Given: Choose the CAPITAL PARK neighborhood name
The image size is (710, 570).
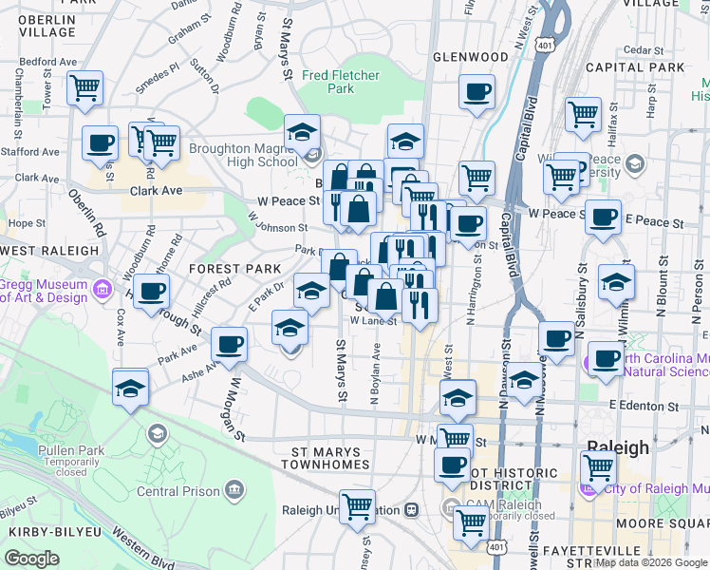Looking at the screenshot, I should click(x=635, y=67).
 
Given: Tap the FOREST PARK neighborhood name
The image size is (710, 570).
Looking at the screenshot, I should click(x=234, y=269).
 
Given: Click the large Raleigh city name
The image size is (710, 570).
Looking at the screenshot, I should click(x=617, y=447).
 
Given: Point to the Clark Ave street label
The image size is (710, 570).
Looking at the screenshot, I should click(x=156, y=190).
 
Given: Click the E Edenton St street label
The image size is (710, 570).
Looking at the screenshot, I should click(x=645, y=406).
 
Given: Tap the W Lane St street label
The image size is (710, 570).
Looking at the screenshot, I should click(x=372, y=321).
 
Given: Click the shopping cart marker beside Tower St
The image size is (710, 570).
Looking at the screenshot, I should click(x=85, y=89).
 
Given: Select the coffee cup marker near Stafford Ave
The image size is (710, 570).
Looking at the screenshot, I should click(x=100, y=144).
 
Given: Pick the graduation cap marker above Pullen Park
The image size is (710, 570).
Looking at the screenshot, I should click(x=131, y=388).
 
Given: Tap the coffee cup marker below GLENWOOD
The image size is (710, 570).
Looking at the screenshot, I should click(x=476, y=93).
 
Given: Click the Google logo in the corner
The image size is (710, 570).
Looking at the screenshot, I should click(x=31, y=559).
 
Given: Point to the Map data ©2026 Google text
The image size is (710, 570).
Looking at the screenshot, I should click(x=651, y=562).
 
